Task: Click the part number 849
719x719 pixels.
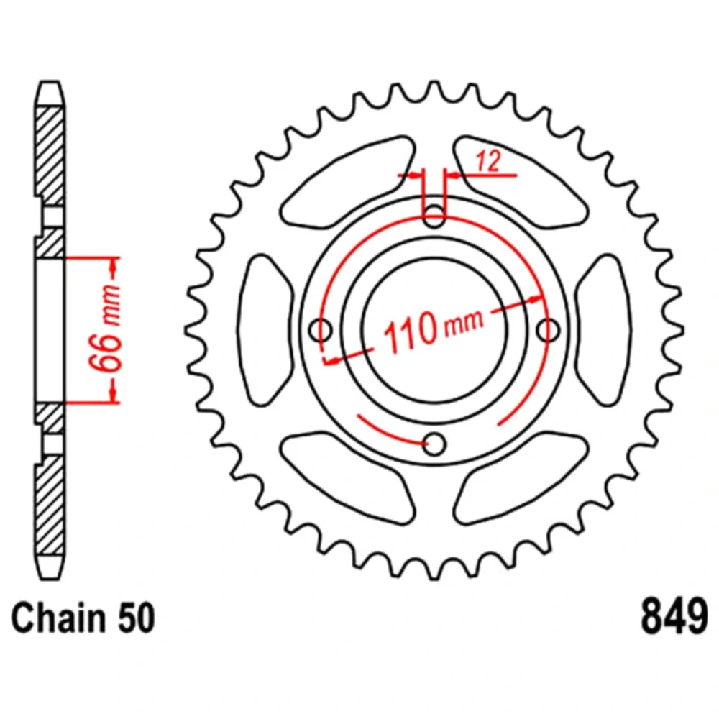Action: (x=674, y=617)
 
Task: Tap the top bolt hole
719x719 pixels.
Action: (x=434, y=216)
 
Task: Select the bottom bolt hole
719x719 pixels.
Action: (x=434, y=444)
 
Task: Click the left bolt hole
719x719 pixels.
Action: (x=321, y=330)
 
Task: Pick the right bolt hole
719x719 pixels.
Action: (x=548, y=330)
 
